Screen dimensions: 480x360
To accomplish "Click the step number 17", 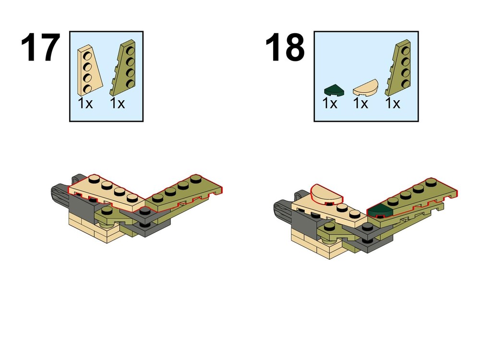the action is (x=40, y=48).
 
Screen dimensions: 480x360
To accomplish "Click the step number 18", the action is (x=285, y=48).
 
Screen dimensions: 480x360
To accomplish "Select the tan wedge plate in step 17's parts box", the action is (x=89, y=70).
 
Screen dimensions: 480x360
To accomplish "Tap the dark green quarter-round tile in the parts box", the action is (x=334, y=90).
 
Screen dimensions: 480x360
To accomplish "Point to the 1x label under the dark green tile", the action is (x=330, y=104).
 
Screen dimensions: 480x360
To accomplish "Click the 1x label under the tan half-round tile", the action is (x=360, y=104).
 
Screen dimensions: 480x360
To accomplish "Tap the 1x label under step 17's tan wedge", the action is (x=85, y=104).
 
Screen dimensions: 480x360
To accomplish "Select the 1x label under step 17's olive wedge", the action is (x=118, y=104).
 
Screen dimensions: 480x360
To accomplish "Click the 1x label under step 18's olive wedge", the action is (x=393, y=104).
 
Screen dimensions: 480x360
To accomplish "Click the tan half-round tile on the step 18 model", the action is (x=326, y=195).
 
